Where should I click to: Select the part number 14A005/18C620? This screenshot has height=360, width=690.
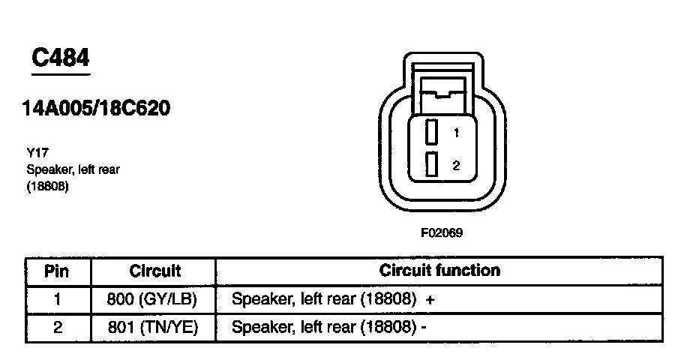(97, 109)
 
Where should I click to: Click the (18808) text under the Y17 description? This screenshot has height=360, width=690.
(47, 187)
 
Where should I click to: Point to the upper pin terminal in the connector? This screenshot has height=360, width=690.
(431, 133)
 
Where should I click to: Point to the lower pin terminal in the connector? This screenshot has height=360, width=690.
(431, 163)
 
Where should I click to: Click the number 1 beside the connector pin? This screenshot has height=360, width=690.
(455, 133)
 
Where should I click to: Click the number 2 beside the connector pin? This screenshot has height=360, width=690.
(455, 165)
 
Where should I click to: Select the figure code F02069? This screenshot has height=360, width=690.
(441, 232)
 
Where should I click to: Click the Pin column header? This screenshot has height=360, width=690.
(57, 271)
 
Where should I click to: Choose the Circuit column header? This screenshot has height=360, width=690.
(154, 271)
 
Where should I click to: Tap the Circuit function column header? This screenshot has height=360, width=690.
(439, 270)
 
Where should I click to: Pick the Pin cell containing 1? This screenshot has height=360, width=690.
(57, 299)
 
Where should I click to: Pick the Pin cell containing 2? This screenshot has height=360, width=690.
(57, 327)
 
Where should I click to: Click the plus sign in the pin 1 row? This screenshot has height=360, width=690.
(430, 299)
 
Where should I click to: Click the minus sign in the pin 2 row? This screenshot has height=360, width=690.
(424, 327)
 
